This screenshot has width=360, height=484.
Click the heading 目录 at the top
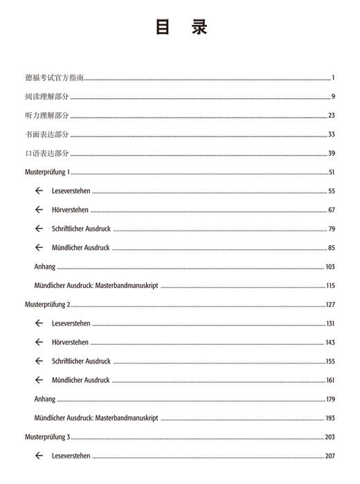[x=180, y=27]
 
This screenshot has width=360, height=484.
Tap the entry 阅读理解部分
[x=46, y=97]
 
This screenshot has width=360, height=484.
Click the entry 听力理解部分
[x=46, y=116]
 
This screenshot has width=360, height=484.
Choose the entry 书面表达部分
[x=46, y=134]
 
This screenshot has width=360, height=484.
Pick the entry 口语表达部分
[x=46, y=153]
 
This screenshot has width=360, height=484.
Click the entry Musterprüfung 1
[x=48, y=172]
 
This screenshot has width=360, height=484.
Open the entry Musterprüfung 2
[x=48, y=305]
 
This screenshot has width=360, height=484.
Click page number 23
[x=332, y=116]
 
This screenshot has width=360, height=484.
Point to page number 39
[x=332, y=153]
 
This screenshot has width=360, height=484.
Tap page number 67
[x=332, y=210]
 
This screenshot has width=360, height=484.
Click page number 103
[x=330, y=267]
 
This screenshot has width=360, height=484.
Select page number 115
[x=330, y=285]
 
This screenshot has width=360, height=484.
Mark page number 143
[x=330, y=343]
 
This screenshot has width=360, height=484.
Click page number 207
[x=330, y=456]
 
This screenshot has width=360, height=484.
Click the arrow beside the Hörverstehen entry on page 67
[x=39, y=210]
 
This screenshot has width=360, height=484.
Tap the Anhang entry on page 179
[x=44, y=400]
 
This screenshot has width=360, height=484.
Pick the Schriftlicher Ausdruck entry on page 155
[x=81, y=361]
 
